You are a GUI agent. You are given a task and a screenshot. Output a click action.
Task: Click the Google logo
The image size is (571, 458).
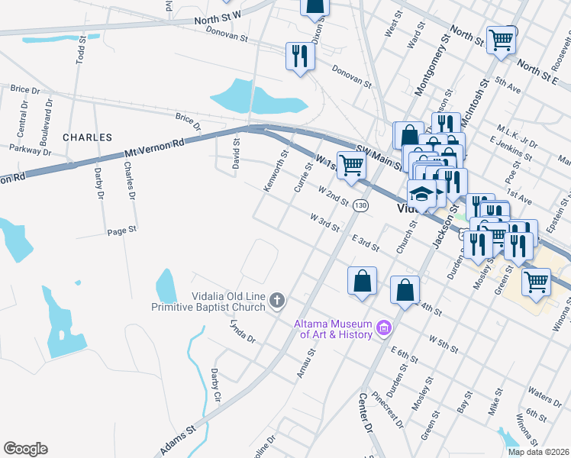(x=25, y=449)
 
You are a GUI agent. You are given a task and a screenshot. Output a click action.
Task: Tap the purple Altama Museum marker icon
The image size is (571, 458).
(x=384, y=330)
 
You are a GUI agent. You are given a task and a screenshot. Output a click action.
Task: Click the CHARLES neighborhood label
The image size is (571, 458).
(x=87, y=137)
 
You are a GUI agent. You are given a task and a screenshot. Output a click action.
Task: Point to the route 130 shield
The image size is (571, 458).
(x=361, y=206)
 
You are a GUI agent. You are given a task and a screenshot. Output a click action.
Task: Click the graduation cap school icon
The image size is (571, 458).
(x=421, y=195)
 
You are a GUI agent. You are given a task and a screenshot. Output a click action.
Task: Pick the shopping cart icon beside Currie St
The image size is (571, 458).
(x=350, y=165)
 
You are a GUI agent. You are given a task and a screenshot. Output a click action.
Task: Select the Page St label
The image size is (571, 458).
(x=121, y=230)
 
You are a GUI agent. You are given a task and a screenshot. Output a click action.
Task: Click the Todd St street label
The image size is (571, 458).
(x=80, y=52)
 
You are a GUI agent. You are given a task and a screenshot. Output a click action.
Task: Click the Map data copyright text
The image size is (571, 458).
(x=537, y=451)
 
